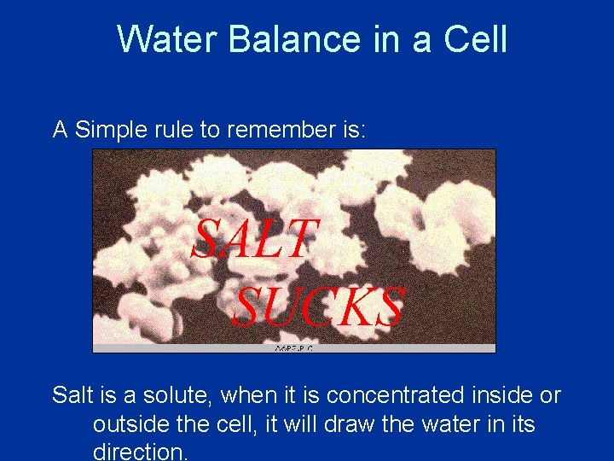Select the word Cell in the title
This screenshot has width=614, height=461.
click(478, 39)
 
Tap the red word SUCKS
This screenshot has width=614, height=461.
click(317, 307)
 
